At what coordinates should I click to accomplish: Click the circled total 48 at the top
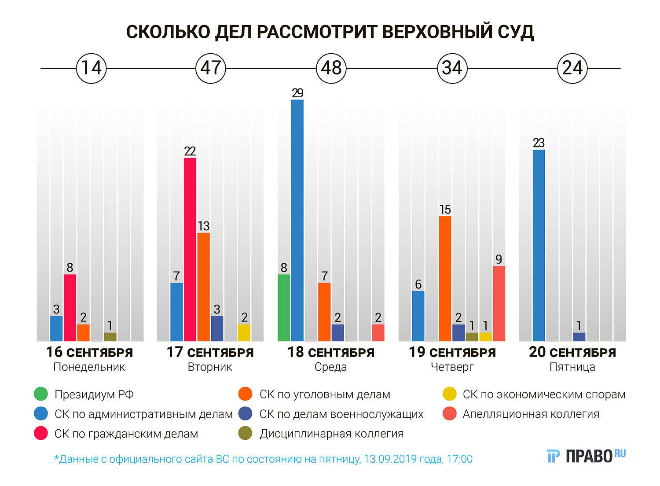tap(331, 68)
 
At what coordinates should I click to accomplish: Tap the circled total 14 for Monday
tap(92, 68)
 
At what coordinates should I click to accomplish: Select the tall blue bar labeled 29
tap(297, 220)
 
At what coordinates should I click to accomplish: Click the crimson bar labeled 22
tap(190, 249)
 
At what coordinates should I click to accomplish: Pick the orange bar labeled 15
tap(445, 278)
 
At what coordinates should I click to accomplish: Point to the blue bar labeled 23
tap(539, 245)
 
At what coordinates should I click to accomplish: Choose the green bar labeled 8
tap(284, 308)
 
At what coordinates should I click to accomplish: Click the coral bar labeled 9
tap(499, 303)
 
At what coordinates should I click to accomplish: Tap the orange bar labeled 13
tap(204, 287)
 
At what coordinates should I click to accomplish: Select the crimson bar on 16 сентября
tap(70, 308)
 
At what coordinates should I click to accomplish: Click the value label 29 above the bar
tap(297, 93)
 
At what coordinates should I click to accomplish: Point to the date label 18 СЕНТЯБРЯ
tap(331, 352)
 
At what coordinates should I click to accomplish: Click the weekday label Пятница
tap(572, 367)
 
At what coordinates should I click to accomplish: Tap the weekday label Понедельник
tap(89, 367)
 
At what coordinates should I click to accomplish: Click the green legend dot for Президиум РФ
tap(41, 394)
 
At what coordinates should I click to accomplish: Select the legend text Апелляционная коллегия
tap(531, 414)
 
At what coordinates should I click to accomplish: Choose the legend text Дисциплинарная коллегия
tap(331, 434)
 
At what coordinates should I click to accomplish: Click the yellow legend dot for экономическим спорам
tap(449, 394)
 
